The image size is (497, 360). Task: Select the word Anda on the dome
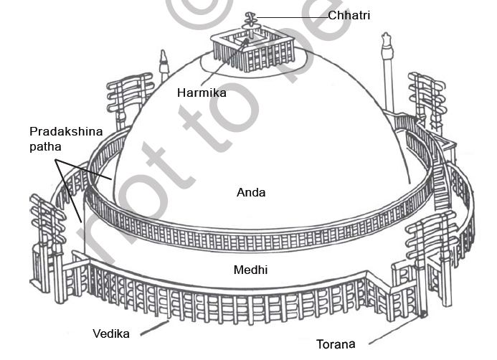[250, 192]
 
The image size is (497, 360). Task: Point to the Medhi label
[251, 270]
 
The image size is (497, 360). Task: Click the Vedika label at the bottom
[110, 333]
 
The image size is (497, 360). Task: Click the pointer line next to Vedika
[153, 328]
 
